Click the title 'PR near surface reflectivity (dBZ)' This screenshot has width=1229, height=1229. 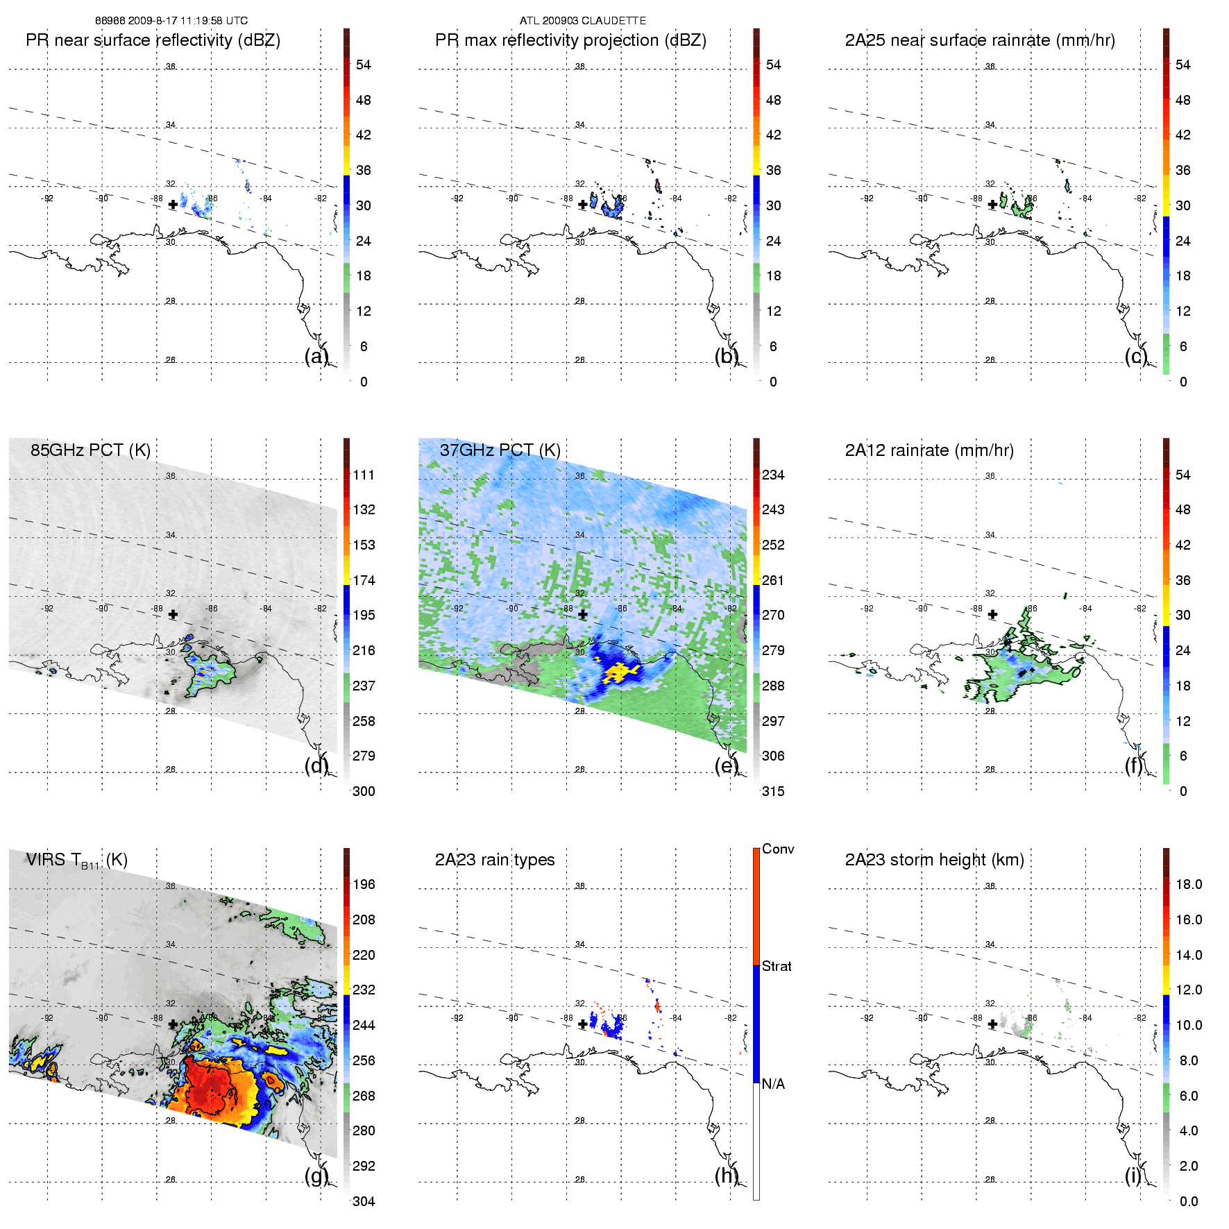point(153,40)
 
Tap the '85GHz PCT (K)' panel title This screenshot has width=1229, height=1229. point(90,450)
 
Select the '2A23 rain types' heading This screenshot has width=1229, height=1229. point(495,860)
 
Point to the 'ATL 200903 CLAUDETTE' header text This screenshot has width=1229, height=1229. point(583,21)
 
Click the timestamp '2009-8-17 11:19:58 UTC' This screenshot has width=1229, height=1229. point(187,21)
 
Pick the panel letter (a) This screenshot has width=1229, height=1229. point(316,356)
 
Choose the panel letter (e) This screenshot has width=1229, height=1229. point(726,765)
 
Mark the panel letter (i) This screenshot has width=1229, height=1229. point(1133,1176)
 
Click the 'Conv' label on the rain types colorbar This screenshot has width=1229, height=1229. point(778,849)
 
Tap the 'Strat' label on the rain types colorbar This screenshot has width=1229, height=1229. point(777,967)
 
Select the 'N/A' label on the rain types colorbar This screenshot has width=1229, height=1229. point(773,1084)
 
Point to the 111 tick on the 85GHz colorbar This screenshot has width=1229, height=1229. point(364,475)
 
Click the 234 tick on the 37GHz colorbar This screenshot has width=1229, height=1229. point(773,475)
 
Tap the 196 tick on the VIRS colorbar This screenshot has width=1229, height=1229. point(364,885)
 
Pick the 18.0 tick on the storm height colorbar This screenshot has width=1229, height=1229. point(1189,885)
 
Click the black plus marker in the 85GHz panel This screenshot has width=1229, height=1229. point(173,615)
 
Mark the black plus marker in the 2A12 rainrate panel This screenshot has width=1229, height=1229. point(992,615)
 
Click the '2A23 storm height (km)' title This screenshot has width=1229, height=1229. point(934,860)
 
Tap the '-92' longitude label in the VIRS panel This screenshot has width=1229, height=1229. point(47,1018)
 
